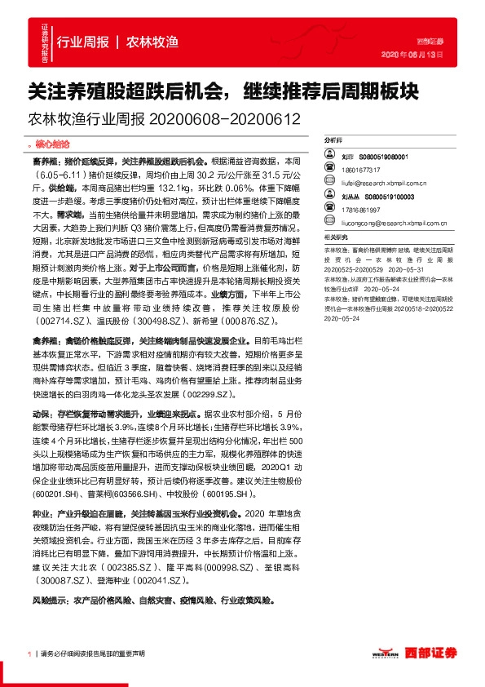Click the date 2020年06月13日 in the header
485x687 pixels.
tap(419, 55)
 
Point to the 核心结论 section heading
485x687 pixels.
tap(58, 143)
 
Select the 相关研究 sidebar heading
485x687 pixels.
tap(337, 237)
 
